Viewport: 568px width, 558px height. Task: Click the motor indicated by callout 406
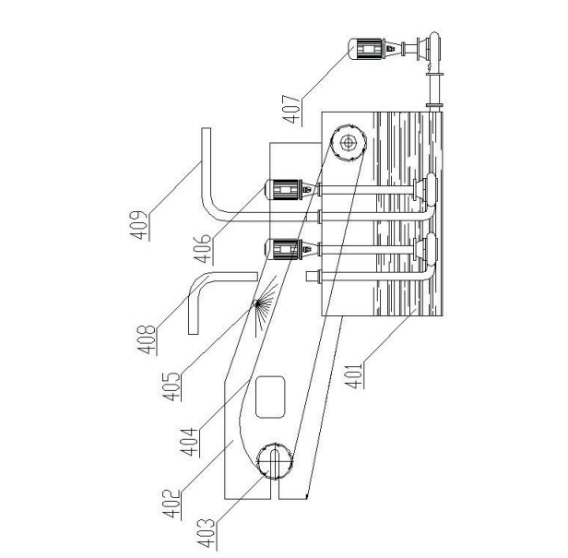pyautogui.click(x=286, y=190)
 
